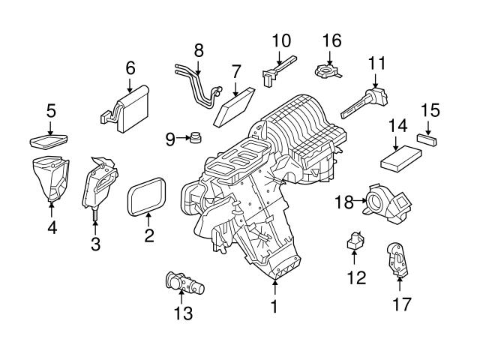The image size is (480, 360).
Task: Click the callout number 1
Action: click(x=274, y=307)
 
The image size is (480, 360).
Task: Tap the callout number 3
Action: click(x=95, y=243)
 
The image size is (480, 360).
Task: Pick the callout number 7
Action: click(x=235, y=73)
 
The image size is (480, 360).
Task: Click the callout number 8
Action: click(x=199, y=50)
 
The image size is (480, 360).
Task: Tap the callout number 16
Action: click(x=331, y=39)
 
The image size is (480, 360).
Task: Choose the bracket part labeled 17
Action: click(x=397, y=259)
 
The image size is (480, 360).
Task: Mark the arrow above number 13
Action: click(x=181, y=297)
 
